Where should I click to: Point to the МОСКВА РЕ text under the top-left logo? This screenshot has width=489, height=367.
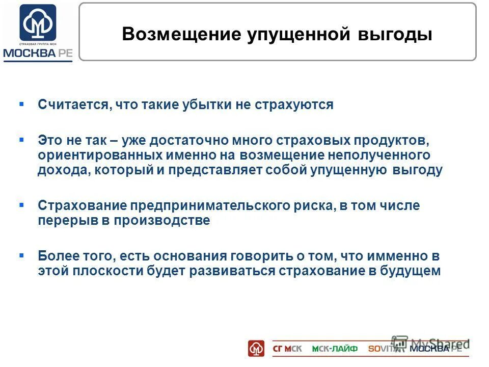click(x=38, y=54)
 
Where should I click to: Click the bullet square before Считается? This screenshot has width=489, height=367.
click(x=21, y=104)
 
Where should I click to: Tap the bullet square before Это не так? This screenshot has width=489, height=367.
click(x=21, y=139)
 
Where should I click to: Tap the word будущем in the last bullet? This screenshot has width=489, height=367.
click(x=410, y=271)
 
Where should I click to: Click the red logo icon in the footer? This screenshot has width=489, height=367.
click(x=256, y=348)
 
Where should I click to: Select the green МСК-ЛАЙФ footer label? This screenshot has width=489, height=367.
click(x=335, y=349)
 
